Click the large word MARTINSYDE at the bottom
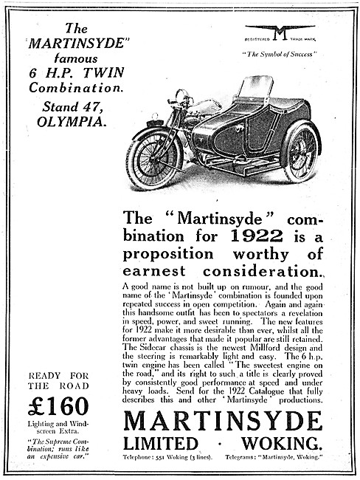click(x=223, y=422)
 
